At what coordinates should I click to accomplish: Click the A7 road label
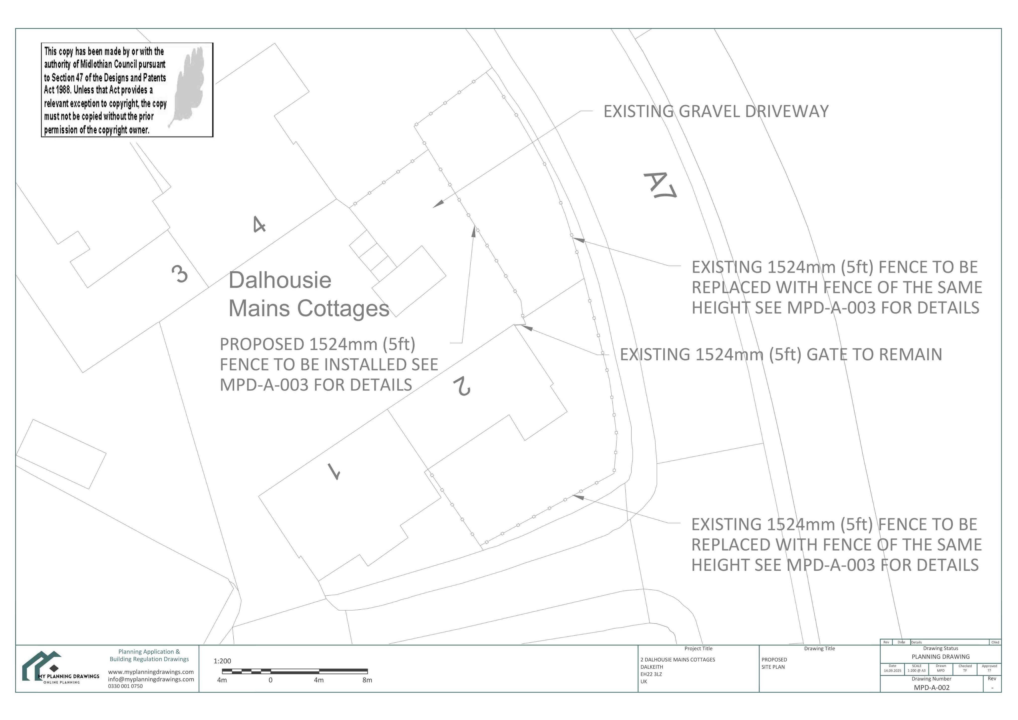[660, 185]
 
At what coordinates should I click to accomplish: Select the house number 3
[180, 274]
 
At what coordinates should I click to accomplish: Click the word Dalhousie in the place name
[280, 280]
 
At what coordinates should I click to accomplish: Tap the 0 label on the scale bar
[270, 680]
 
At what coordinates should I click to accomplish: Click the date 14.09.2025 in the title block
[892, 671]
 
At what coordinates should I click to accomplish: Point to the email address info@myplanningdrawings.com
[151, 679]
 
